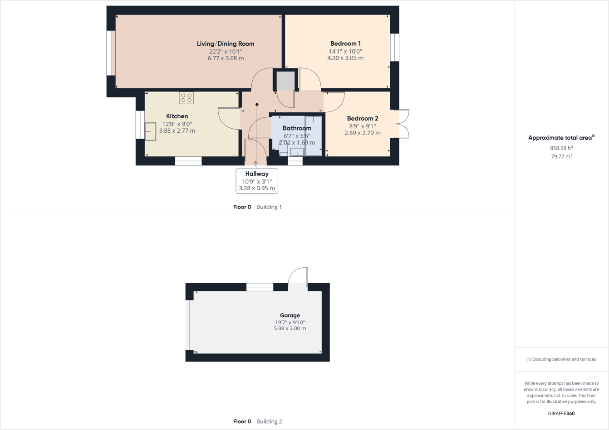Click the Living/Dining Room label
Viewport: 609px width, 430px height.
[x=226, y=44]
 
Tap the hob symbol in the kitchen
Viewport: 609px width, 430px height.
[x=186, y=98]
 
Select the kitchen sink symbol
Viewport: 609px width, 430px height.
[x=150, y=131]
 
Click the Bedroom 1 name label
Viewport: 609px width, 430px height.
[x=345, y=44]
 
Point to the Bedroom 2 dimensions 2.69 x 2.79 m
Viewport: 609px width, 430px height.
[x=362, y=133]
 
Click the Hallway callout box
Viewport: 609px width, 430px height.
[x=257, y=181]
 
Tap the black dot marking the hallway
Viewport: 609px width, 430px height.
[x=257, y=105]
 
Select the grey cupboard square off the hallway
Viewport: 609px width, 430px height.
[x=285, y=80]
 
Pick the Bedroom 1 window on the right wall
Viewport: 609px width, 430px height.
[x=395, y=47]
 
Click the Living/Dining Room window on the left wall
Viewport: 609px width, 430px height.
[x=111, y=53]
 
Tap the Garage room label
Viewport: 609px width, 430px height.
[x=290, y=315]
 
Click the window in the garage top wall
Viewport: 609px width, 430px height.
[x=260, y=287]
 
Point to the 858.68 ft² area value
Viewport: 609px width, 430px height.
[x=561, y=148]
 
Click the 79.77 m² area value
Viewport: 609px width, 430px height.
[x=561, y=156]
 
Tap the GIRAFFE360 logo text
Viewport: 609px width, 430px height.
[x=561, y=413]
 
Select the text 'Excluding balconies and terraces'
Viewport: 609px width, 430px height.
[x=564, y=359]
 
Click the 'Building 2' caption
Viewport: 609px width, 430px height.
[x=269, y=421]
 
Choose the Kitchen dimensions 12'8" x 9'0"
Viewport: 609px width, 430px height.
[x=177, y=124]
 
